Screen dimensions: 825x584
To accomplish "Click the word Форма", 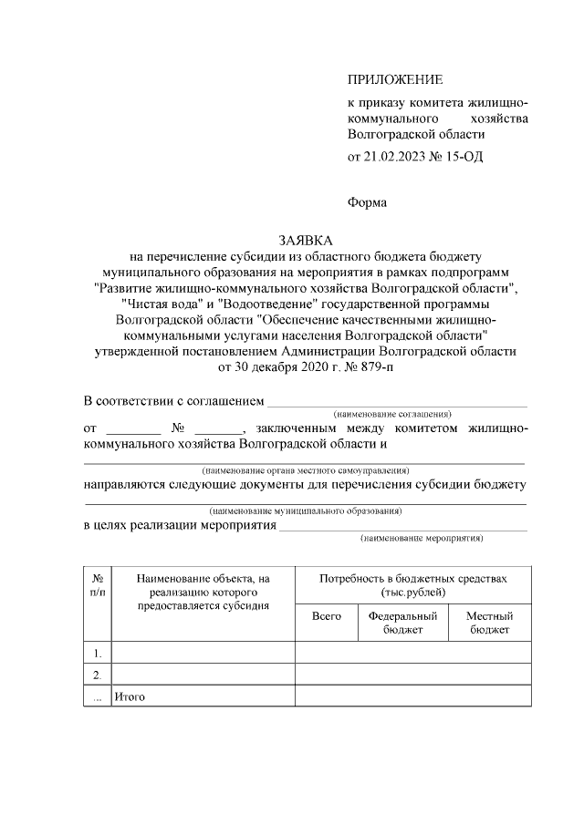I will click(367, 202).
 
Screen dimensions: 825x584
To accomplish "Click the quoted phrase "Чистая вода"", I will click(157, 304).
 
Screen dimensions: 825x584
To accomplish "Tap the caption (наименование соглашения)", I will click(392, 414).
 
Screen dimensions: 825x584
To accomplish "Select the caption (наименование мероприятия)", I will click(421, 539).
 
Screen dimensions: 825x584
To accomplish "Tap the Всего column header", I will click(327, 616).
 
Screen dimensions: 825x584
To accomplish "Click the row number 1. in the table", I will click(98, 653).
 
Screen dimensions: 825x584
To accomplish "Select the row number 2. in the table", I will click(98, 675).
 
